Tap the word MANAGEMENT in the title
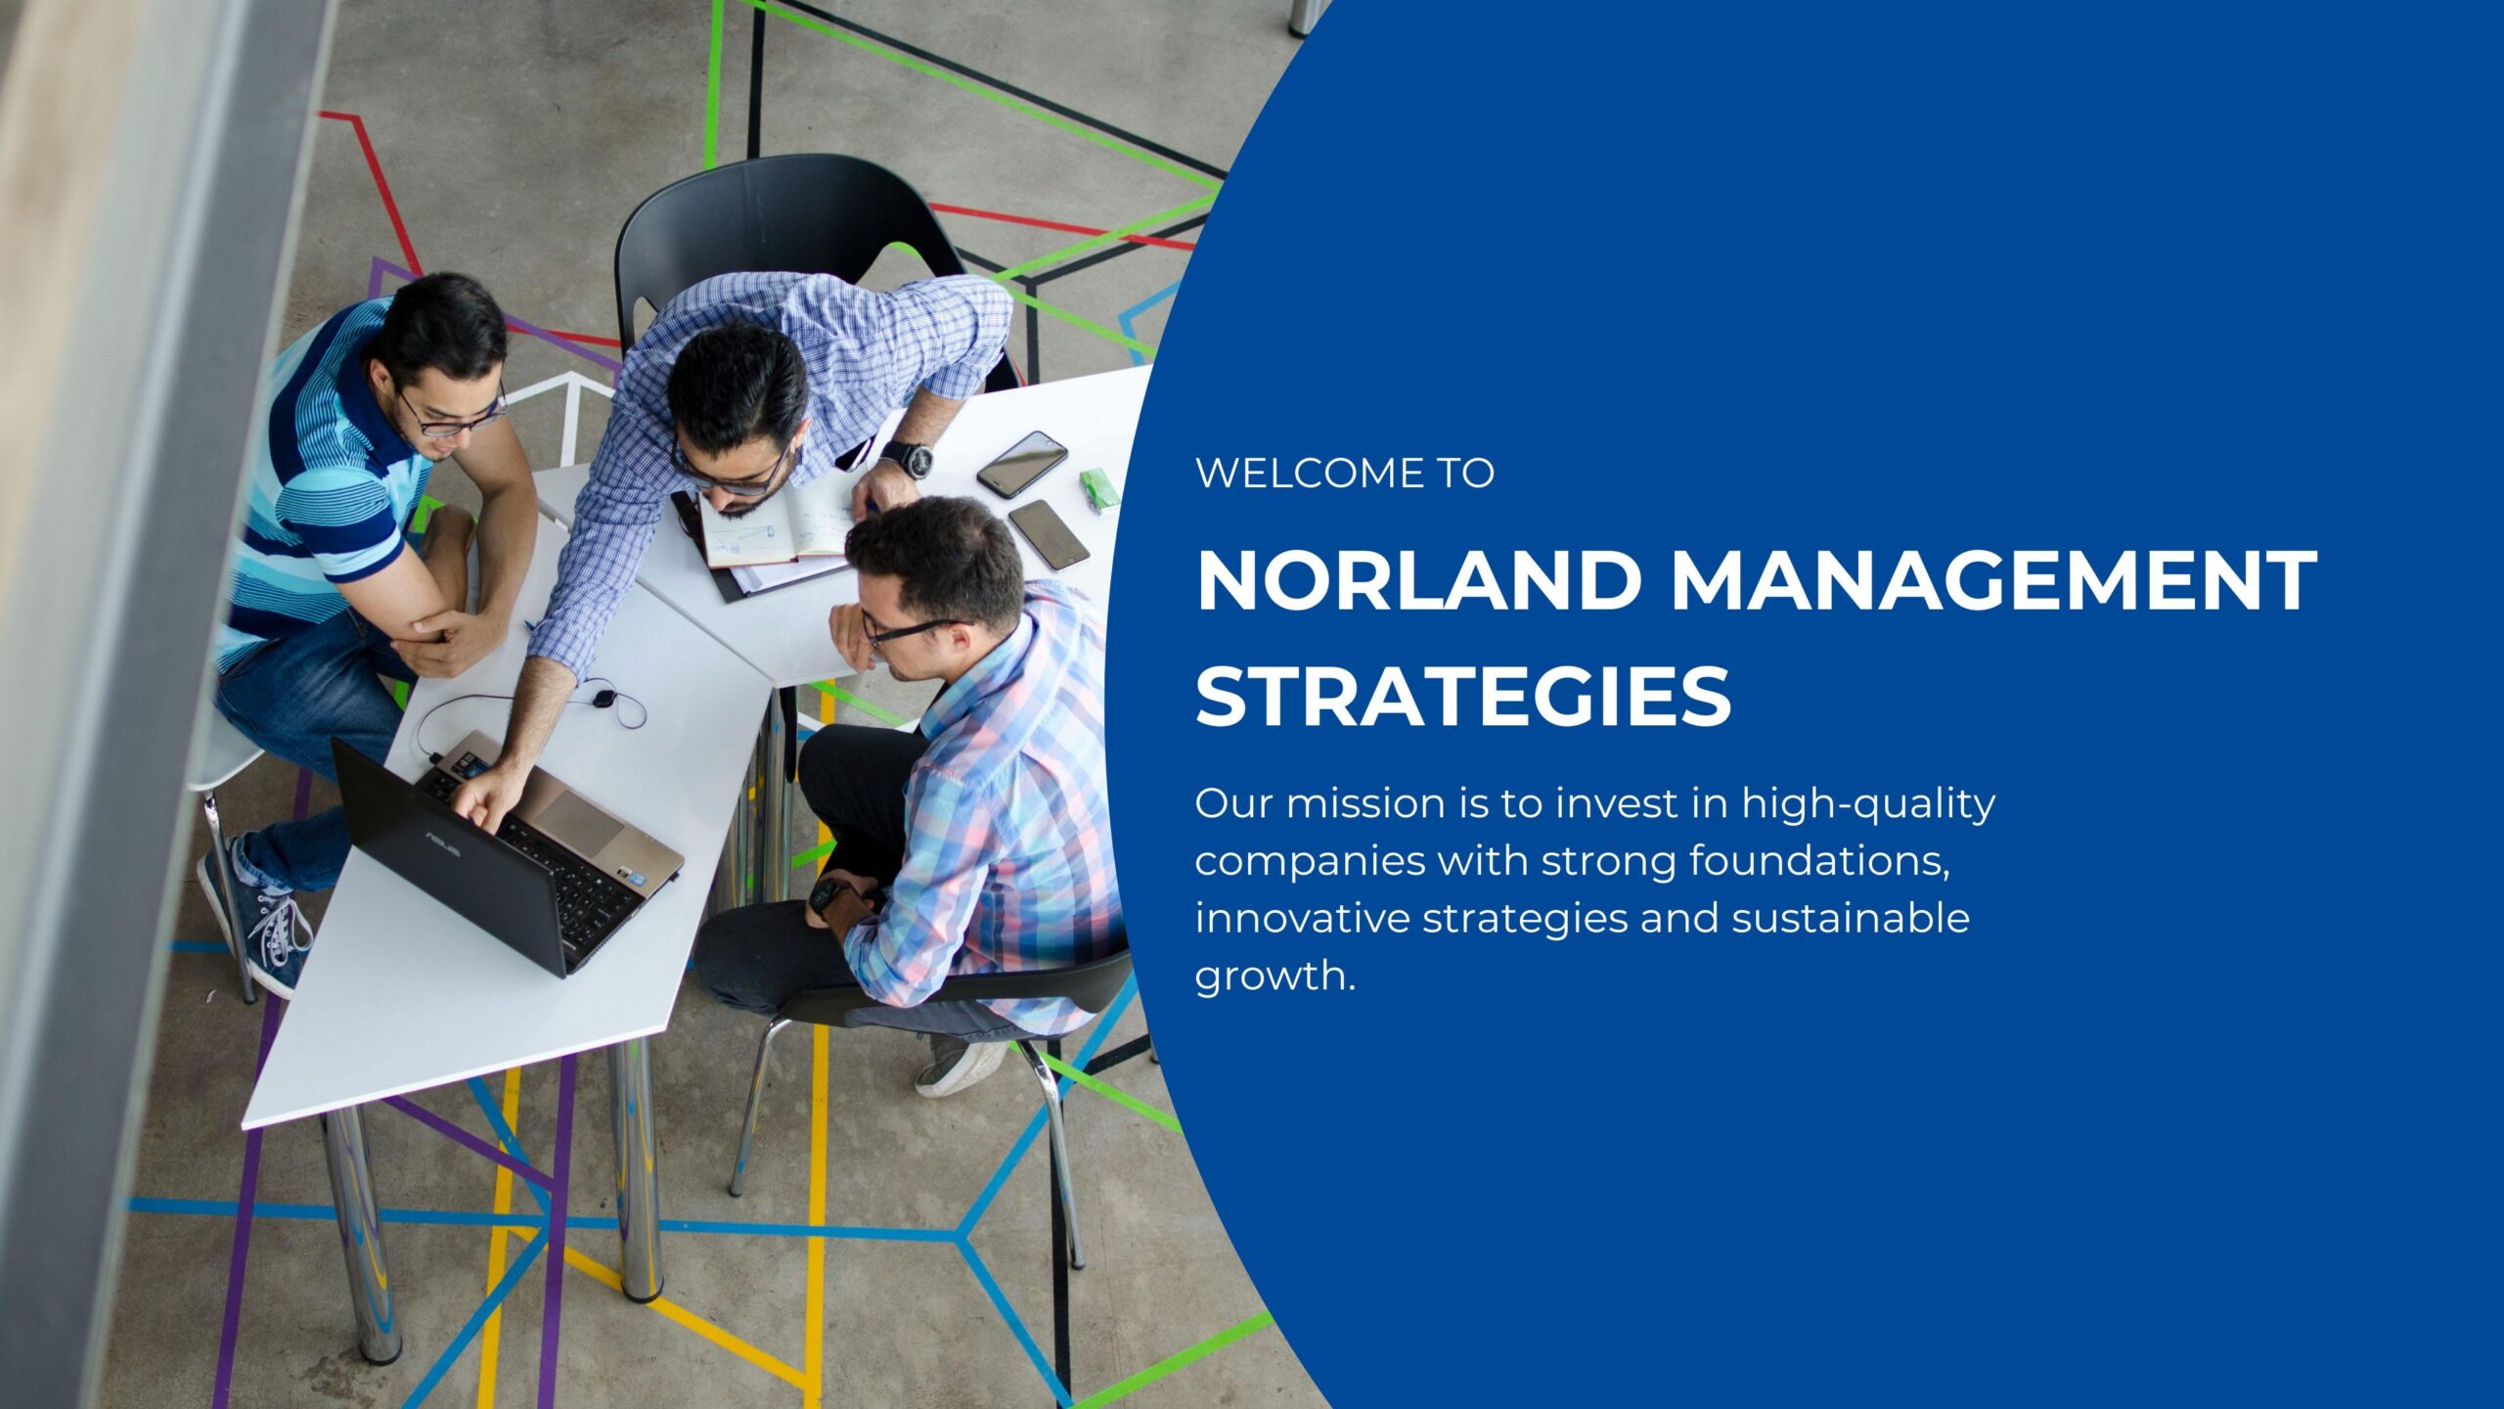click(1993, 581)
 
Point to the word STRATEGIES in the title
click(1463, 696)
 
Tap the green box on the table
click(1099, 488)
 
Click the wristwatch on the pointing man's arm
click(907, 459)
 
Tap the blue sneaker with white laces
click(256, 918)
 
